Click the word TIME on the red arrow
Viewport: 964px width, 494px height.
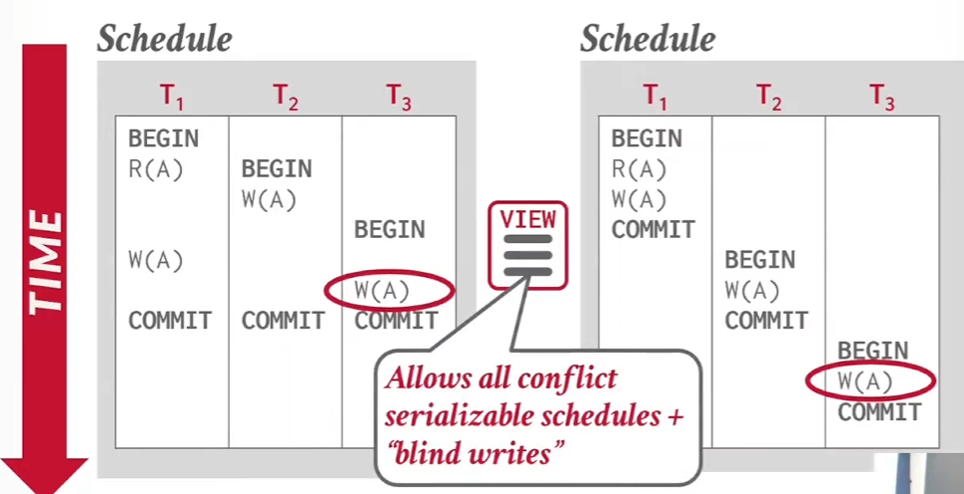tap(46, 263)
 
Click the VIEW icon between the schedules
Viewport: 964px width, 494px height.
tap(528, 245)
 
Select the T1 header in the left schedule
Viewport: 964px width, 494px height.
tap(171, 97)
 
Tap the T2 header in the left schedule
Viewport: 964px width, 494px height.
tap(286, 97)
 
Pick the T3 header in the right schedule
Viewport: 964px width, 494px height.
tap(881, 97)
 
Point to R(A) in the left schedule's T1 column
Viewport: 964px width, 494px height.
tap(155, 169)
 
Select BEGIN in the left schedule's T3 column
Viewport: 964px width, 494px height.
tap(390, 229)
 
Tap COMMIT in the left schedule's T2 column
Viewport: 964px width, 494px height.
tap(283, 321)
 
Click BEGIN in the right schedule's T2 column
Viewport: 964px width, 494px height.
tap(760, 260)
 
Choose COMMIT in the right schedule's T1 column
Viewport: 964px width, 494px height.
tap(653, 229)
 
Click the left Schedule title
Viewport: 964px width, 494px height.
tap(164, 40)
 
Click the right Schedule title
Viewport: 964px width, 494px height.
tap(648, 40)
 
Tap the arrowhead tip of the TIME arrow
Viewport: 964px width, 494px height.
tap(44, 492)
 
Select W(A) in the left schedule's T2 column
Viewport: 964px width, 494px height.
tap(269, 199)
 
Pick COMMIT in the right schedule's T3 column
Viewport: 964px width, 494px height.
tap(879, 412)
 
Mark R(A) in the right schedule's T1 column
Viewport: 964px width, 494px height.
tap(639, 169)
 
